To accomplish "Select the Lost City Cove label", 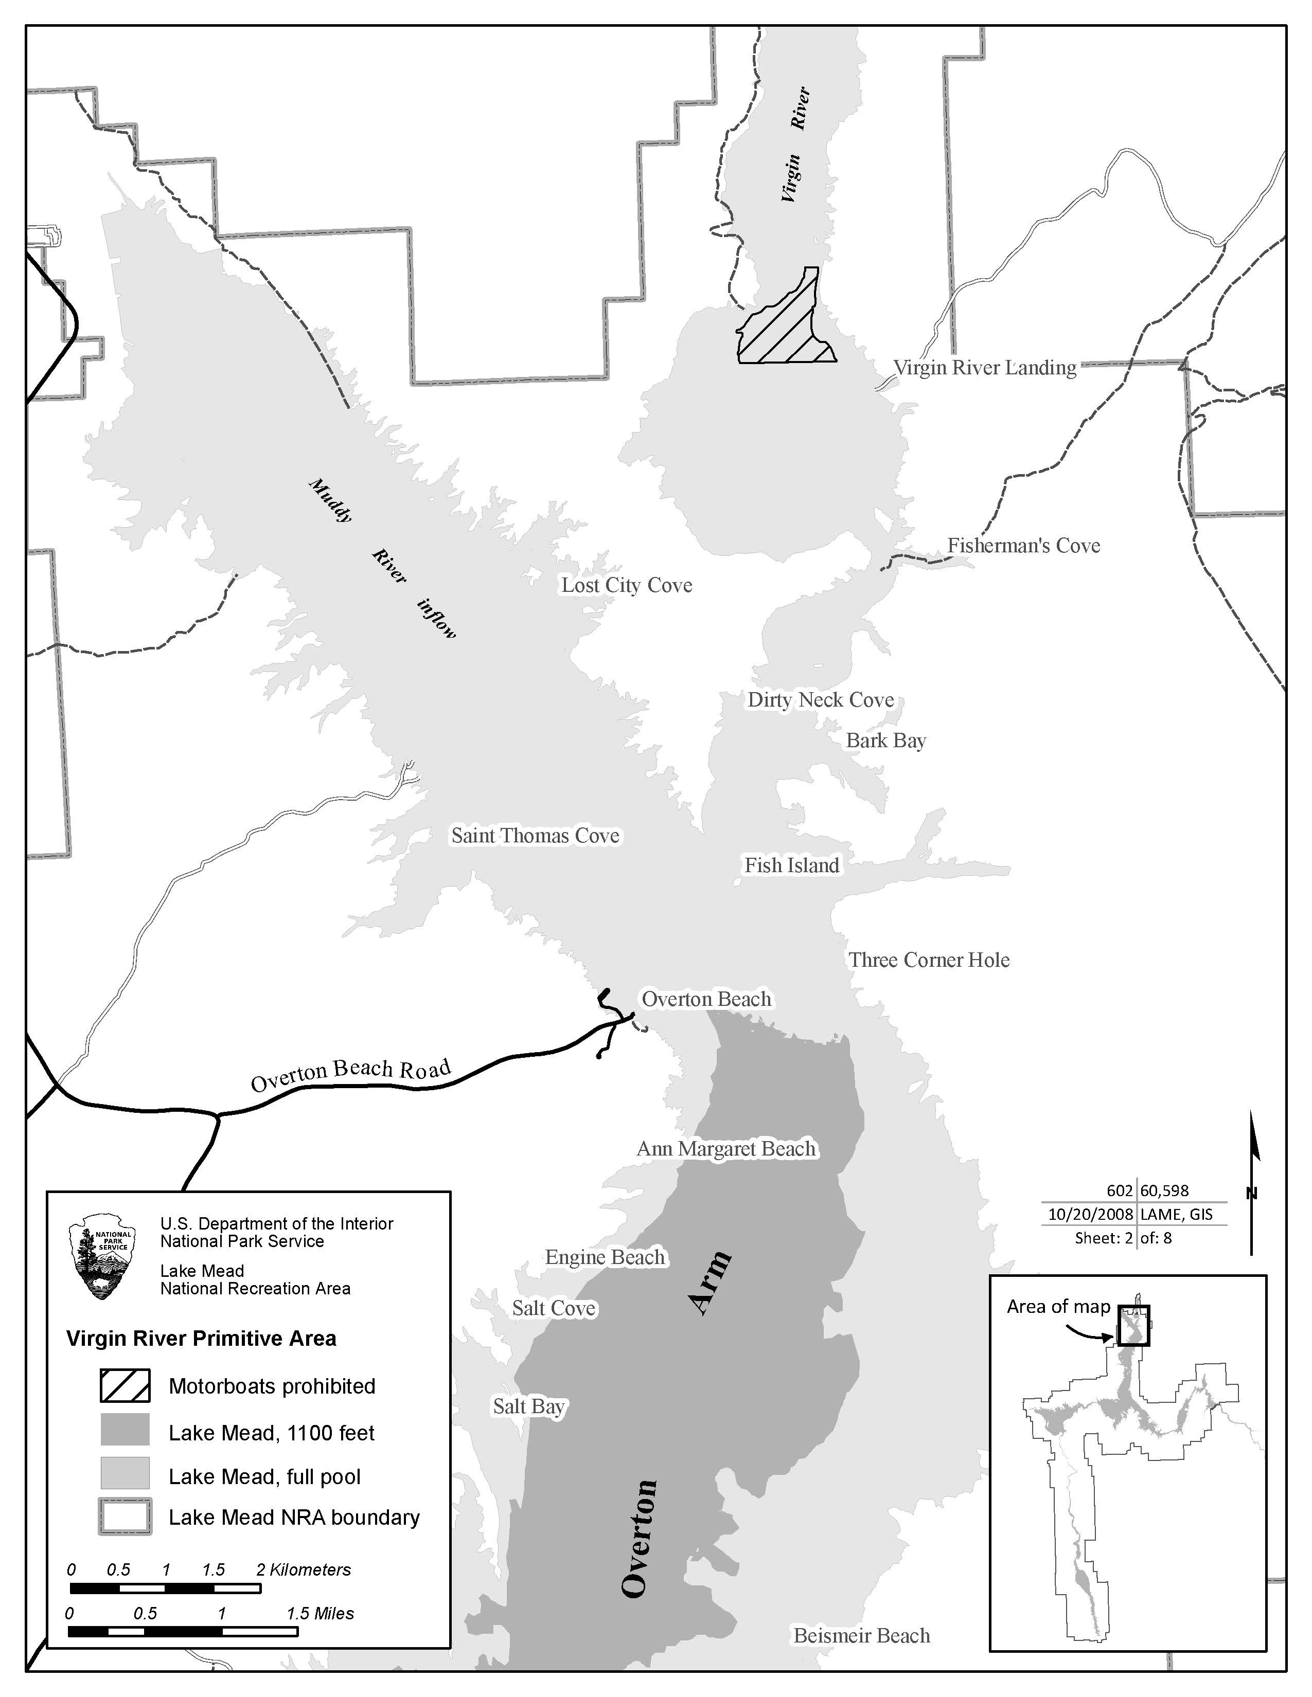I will (x=627, y=585).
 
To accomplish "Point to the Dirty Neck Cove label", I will (x=820, y=699).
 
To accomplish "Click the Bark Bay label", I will (x=885, y=741).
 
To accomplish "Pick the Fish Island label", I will (x=791, y=865).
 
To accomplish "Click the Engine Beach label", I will (x=605, y=1257).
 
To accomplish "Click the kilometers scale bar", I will (x=165, y=1588).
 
